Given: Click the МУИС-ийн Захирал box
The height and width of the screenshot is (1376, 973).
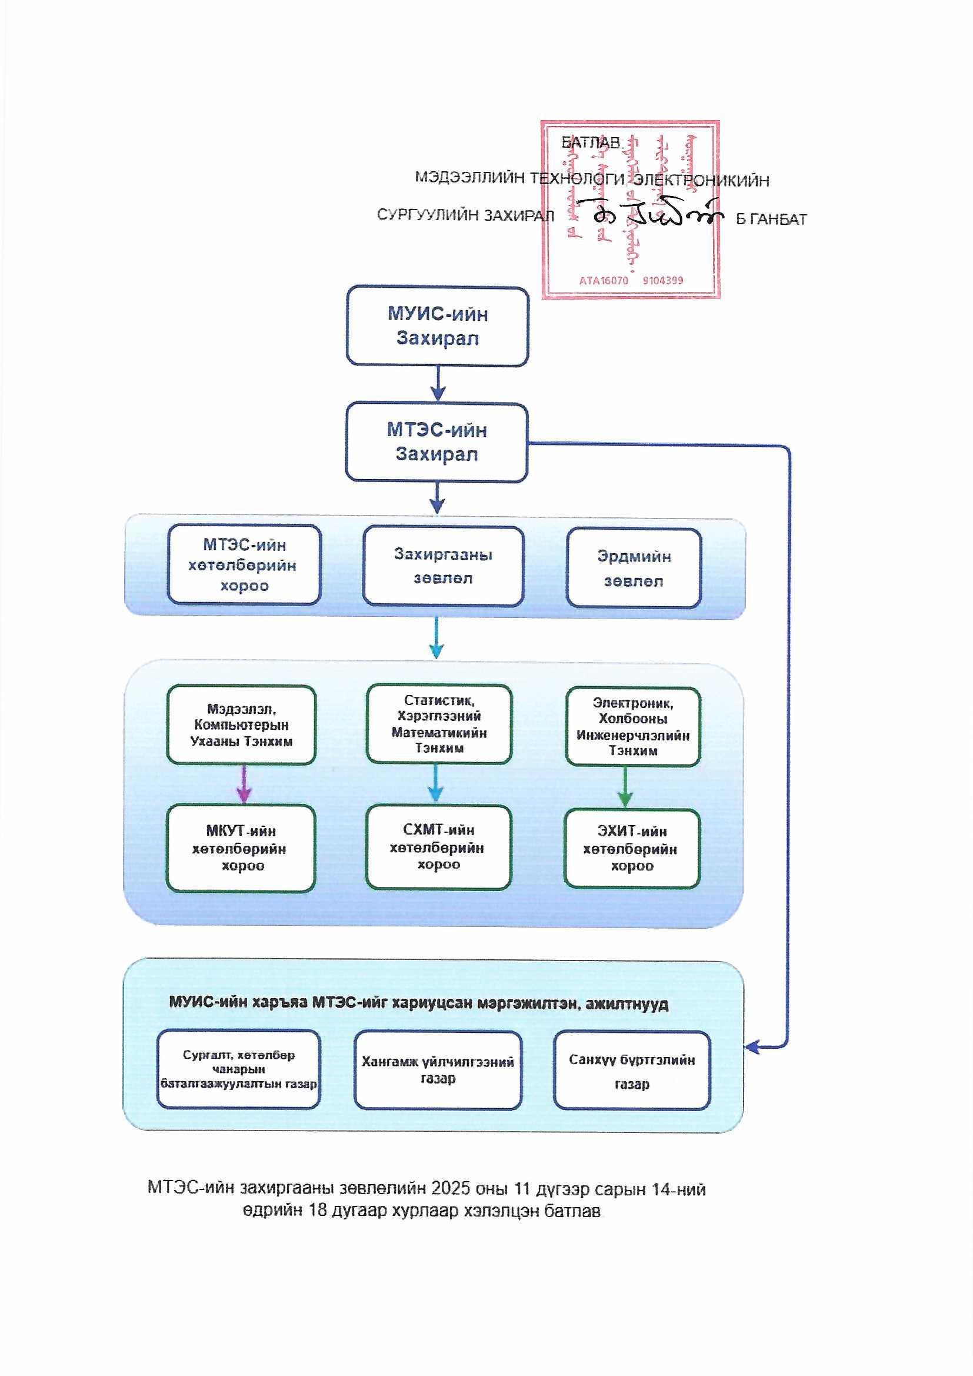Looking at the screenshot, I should click(437, 326).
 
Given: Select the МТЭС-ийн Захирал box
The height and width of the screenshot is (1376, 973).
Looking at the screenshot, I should click(436, 443).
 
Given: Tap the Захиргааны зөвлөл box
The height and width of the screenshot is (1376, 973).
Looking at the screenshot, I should click(443, 566).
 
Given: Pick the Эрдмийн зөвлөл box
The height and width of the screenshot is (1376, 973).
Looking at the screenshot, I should click(634, 568).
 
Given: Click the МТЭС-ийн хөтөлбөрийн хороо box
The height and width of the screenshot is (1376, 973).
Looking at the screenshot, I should click(244, 564).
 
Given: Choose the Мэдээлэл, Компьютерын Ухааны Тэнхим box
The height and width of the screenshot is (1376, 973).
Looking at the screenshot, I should click(241, 724).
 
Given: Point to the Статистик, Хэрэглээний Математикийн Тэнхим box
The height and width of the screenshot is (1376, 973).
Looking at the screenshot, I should click(439, 724).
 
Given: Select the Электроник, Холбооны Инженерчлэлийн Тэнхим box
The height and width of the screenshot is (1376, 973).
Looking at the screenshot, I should click(633, 726).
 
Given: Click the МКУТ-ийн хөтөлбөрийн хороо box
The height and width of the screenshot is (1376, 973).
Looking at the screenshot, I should click(241, 848).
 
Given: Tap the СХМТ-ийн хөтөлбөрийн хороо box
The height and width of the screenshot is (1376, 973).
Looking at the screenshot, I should click(439, 847).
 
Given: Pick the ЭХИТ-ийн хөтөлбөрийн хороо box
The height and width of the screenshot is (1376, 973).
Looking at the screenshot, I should click(631, 848).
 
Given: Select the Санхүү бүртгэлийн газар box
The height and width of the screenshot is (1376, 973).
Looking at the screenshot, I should click(631, 1071).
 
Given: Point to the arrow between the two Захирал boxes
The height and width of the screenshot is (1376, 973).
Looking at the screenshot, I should click(438, 384).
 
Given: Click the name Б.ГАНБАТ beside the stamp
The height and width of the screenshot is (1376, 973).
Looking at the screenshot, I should click(771, 220).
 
